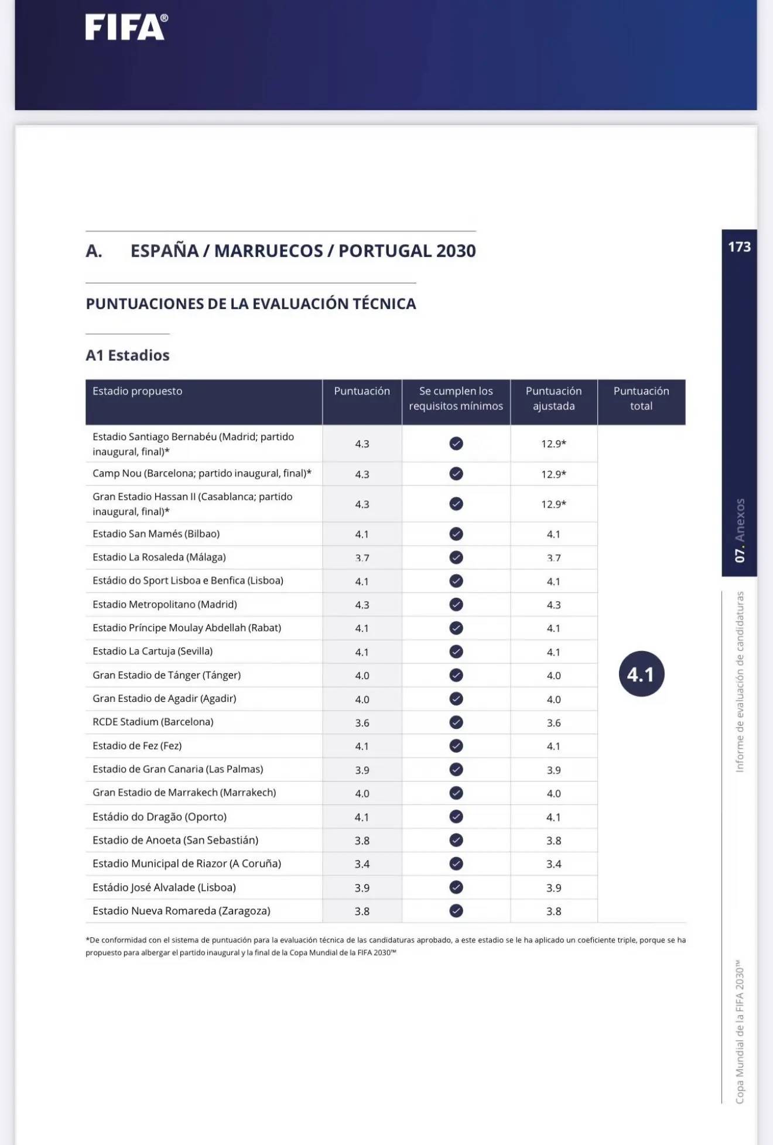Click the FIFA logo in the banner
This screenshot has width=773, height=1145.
click(126, 27)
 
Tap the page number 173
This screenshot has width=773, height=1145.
click(739, 247)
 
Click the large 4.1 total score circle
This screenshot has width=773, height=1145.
click(641, 674)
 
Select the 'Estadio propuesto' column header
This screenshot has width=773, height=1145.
click(138, 391)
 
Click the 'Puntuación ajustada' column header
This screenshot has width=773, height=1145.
click(553, 399)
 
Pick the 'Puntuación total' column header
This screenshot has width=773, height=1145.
click(641, 399)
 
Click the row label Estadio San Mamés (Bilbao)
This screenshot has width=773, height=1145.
click(156, 534)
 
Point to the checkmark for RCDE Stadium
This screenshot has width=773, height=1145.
click(456, 722)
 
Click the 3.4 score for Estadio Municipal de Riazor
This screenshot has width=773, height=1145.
click(362, 864)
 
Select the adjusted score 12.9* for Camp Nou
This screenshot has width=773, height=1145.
click(553, 474)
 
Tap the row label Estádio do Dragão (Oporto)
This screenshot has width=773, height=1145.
click(159, 817)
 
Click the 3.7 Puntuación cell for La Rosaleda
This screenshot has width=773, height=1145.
click(362, 558)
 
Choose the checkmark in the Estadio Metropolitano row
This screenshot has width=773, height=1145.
click(456, 604)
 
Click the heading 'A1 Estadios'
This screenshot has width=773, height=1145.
click(128, 355)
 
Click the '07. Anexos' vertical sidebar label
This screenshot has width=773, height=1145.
click(740, 530)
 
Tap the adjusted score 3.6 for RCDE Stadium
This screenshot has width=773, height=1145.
click(553, 723)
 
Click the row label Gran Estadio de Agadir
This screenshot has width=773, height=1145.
click(165, 698)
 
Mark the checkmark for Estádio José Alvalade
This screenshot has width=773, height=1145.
click(456, 887)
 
